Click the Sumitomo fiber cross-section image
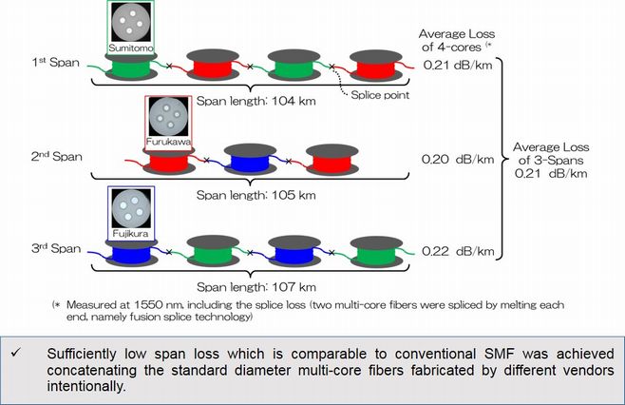tap(131, 22)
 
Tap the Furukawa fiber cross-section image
tap(168, 117)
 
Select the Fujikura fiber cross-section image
tap(131, 208)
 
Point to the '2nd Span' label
tap(57, 157)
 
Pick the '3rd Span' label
tap(56, 248)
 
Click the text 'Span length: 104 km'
tap(256, 101)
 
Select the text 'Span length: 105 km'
tap(256, 195)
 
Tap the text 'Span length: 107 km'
tap(256, 287)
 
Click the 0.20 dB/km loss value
tap(458, 160)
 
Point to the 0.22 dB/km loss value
tap(458, 251)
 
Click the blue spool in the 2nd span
tap(250, 159)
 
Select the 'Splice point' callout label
tap(380, 95)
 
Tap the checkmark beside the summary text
tap(16, 353)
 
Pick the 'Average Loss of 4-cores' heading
tap(456, 40)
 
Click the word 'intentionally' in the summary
tap(86, 386)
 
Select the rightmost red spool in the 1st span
tap(376, 65)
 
